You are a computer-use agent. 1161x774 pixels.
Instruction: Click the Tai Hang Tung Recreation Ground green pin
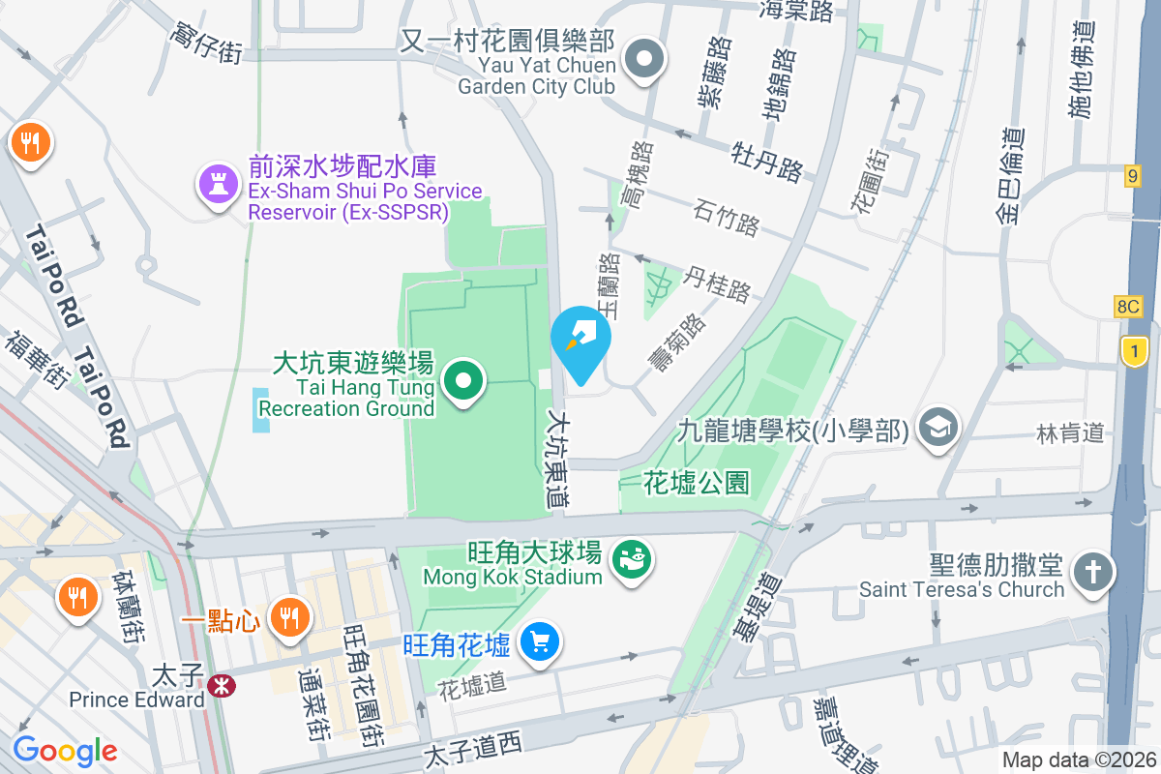click(x=464, y=380)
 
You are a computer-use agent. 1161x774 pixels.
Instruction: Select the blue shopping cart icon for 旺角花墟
click(x=540, y=641)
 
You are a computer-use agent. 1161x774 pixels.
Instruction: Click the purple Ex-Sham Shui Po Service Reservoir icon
click(x=219, y=185)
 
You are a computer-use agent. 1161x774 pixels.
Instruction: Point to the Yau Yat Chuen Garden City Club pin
click(x=643, y=60)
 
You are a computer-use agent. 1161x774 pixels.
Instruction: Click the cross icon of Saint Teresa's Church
click(x=1094, y=572)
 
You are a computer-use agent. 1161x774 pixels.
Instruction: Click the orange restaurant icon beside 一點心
click(x=288, y=614)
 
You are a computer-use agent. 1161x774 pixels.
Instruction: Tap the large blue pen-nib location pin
click(x=580, y=341)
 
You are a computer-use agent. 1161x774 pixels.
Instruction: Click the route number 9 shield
click(x=1133, y=176)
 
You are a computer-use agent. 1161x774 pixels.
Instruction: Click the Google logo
click(x=65, y=750)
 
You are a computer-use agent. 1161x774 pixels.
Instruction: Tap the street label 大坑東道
click(x=558, y=460)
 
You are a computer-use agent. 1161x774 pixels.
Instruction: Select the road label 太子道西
click(x=473, y=746)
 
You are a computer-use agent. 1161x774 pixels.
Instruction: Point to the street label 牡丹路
click(x=766, y=162)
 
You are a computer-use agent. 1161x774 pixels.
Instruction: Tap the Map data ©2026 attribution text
click(x=1078, y=760)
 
